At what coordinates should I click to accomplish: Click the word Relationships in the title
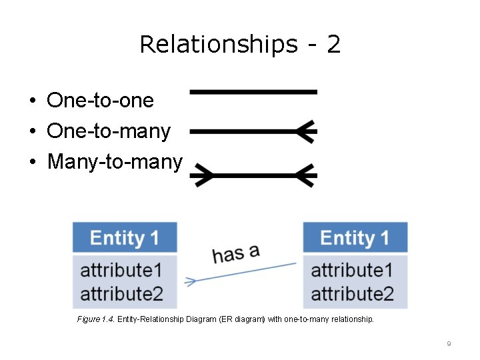click(218, 45)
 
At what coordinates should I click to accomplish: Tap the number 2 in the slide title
click(333, 45)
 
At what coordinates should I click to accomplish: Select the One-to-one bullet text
click(100, 101)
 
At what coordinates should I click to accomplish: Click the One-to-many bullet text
click(109, 131)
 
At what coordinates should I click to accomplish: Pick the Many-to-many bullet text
click(115, 161)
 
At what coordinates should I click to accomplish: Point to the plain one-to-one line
click(253, 91)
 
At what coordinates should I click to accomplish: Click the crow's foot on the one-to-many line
click(306, 132)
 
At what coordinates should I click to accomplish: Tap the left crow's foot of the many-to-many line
click(201, 176)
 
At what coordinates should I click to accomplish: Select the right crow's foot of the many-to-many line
click(306, 176)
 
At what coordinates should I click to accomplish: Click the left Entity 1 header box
click(125, 237)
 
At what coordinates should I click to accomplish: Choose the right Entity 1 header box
click(355, 237)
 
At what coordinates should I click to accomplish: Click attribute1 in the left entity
click(121, 270)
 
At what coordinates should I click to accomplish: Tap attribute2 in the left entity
click(121, 293)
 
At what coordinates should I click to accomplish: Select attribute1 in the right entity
click(352, 270)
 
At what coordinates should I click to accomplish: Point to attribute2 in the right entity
click(352, 293)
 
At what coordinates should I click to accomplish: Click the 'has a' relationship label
click(235, 253)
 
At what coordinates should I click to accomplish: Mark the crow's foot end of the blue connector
click(190, 281)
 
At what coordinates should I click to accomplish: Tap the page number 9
click(449, 343)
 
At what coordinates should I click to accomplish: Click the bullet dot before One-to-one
click(32, 101)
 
